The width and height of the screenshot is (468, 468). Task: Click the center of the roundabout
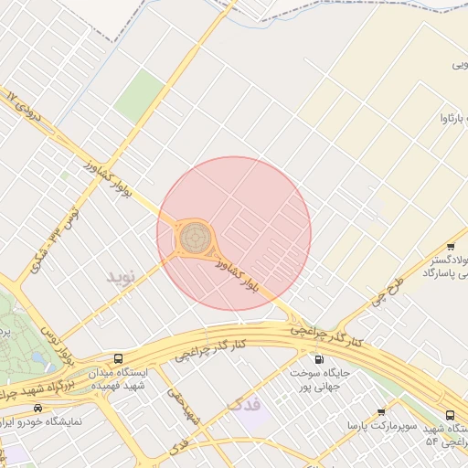[193, 238]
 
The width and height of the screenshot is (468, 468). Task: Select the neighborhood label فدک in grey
[242, 402]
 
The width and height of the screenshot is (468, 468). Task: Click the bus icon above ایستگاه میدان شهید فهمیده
[118, 358]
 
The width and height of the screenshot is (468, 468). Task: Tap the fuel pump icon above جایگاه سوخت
[317, 358]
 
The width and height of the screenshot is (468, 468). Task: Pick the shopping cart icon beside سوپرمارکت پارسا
[381, 413]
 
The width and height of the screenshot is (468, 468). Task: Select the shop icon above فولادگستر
[451, 248]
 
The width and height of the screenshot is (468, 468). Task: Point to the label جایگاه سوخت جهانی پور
[317, 380]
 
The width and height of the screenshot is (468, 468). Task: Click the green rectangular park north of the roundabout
[139, 95]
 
